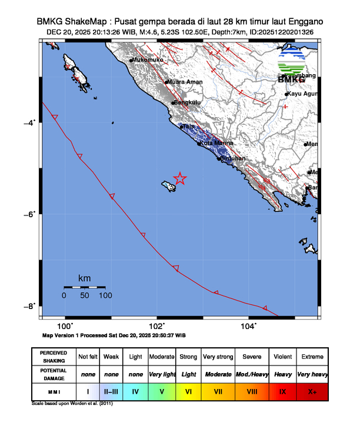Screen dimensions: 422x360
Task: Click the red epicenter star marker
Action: (x=180, y=178)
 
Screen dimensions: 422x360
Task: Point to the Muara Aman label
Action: (x=185, y=82)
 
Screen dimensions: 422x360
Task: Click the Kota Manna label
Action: (x=216, y=143)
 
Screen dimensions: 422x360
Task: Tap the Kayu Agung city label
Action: (x=304, y=94)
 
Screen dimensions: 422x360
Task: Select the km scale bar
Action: (x=84, y=287)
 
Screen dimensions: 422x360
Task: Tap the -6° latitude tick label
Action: (x=30, y=214)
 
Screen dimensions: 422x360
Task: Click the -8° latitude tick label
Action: (x=30, y=305)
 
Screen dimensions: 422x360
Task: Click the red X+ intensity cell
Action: (x=311, y=391)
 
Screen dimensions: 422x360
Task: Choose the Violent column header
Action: (x=282, y=357)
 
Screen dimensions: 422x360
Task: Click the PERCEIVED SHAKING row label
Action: (x=54, y=357)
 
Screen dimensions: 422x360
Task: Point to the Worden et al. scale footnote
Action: (x=72, y=404)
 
